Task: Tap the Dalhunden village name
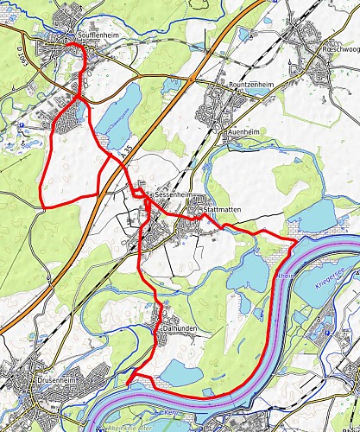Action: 180,328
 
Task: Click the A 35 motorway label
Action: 128,153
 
